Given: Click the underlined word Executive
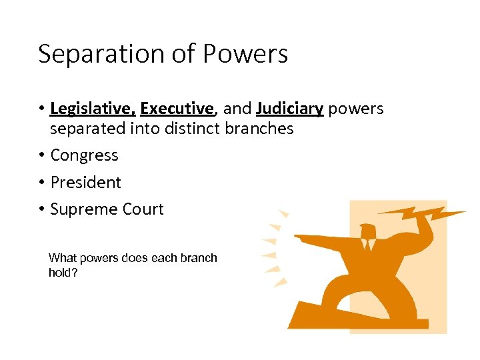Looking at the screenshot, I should pos(177,109).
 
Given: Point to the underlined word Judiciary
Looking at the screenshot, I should pos(289,109).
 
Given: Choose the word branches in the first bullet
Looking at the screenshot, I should pos(259,128).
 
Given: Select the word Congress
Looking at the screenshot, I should pos(84,156).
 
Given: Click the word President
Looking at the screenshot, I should pos(85,183).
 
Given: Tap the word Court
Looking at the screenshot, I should pos(141,209).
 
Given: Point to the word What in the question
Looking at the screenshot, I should pos(62,258).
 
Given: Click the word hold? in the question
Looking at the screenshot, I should pos(63,273).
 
